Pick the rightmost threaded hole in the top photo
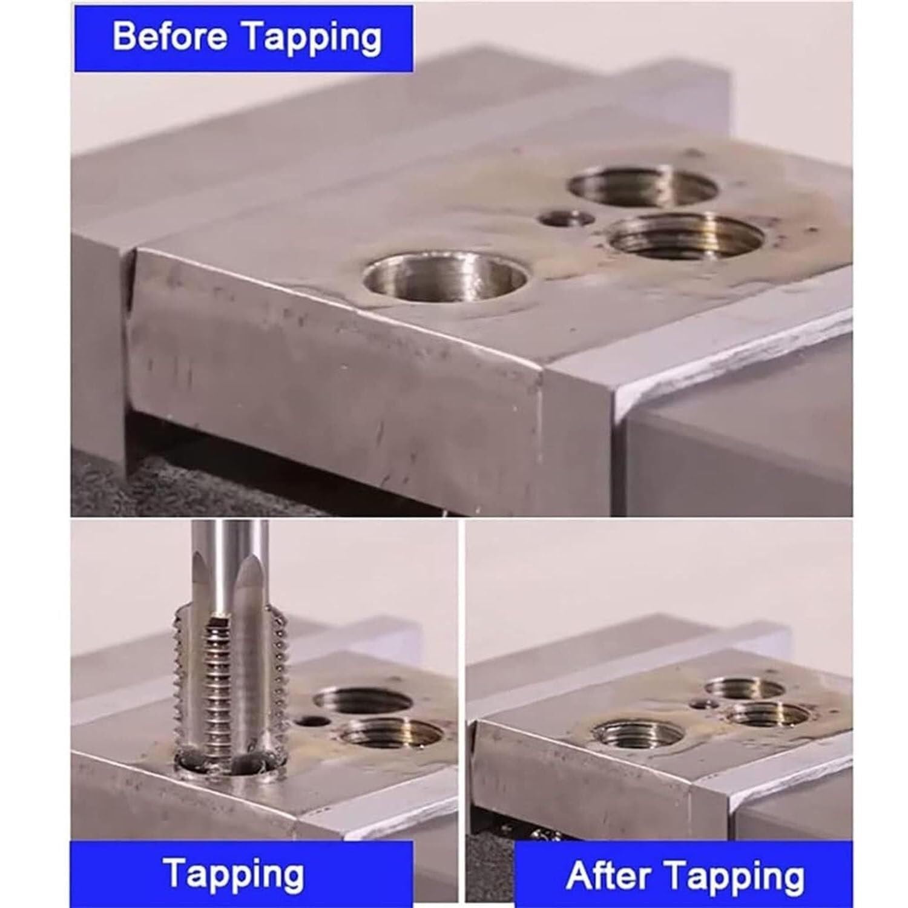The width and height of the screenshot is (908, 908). click(x=685, y=236)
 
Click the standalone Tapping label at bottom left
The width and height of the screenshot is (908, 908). click(x=234, y=873)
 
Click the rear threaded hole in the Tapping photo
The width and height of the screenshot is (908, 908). click(x=362, y=702)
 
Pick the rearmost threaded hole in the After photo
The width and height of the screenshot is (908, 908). click(x=745, y=687)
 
